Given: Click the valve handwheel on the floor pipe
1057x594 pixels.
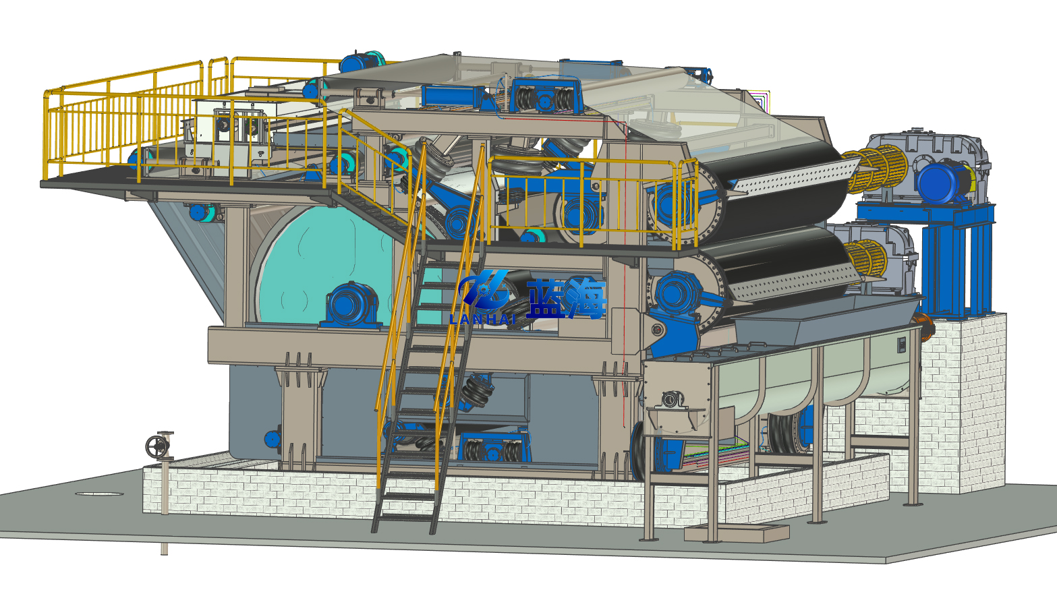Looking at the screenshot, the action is [157, 446].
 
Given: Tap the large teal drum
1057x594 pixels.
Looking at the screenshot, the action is [326, 264].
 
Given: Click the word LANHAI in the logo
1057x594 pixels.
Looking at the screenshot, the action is [482, 320].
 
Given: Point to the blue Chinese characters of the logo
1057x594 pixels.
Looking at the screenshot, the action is [565, 298].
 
